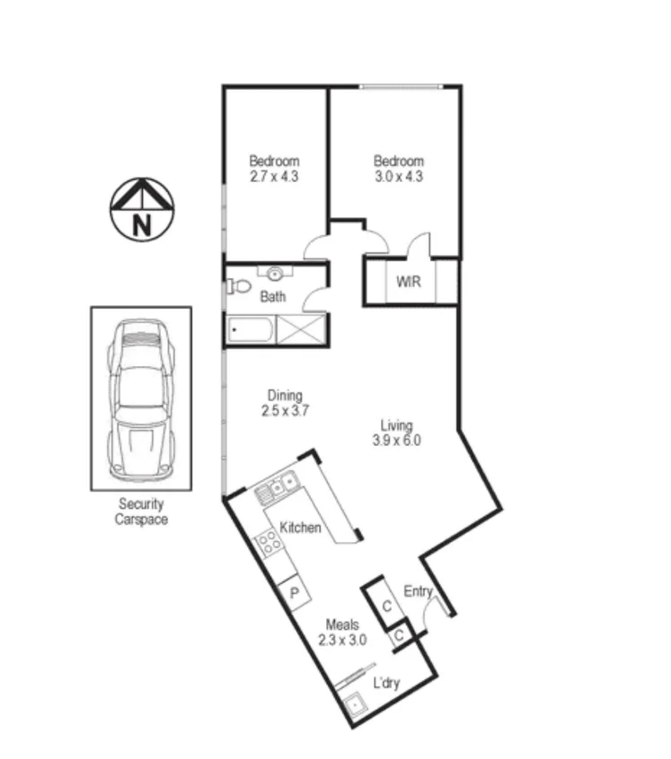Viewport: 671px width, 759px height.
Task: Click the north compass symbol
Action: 141,210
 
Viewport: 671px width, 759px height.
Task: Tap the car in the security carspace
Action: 139,400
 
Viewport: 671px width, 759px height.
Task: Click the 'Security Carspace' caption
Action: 141,511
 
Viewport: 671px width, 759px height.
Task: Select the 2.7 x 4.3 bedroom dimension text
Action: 274,177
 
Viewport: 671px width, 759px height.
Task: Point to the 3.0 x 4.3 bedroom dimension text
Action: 398,177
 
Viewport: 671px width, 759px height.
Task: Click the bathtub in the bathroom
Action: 250,330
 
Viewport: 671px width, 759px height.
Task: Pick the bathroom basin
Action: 276,273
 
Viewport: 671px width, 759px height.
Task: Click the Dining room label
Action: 285,395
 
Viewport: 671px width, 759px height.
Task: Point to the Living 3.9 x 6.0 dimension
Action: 396,441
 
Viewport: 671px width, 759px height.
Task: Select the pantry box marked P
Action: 293,592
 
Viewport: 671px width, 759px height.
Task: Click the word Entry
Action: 418,591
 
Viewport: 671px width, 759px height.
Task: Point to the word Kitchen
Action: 300,528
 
